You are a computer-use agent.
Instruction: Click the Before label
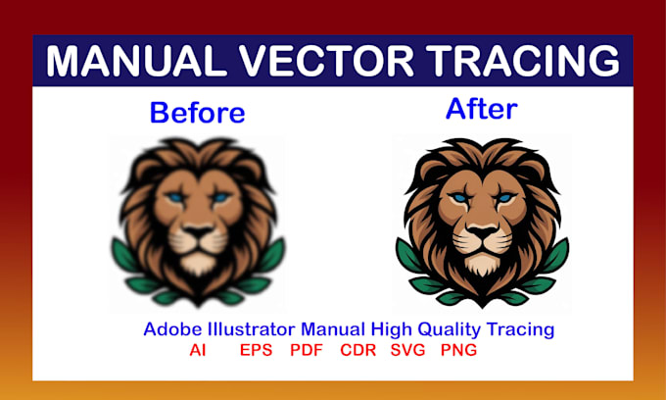(x=197, y=113)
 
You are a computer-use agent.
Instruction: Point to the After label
(x=482, y=109)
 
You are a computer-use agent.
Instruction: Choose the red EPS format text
(x=257, y=350)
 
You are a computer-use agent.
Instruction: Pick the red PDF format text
(x=308, y=350)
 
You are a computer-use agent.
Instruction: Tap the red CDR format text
(x=358, y=350)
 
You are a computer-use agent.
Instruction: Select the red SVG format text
(x=408, y=350)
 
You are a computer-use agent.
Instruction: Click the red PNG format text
(x=459, y=350)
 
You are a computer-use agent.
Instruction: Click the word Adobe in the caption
(x=168, y=329)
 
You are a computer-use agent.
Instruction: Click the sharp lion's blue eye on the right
(x=503, y=198)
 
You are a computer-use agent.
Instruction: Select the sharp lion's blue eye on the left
(x=455, y=198)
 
